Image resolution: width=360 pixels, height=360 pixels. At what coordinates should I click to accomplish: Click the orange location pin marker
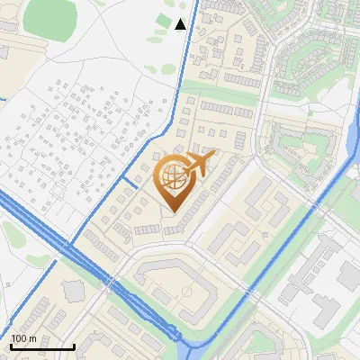[174, 184]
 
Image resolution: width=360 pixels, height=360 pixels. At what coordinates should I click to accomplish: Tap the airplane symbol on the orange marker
[198, 165]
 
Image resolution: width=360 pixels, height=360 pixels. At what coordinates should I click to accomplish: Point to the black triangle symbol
[180, 24]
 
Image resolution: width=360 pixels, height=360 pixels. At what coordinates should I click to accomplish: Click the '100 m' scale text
[23, 338]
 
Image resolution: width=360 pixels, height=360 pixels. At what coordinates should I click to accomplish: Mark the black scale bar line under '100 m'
[42, 346]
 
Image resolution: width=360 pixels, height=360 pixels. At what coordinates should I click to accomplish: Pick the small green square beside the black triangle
[163, 19]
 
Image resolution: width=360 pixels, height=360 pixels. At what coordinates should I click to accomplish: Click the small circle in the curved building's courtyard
[185, 293]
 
